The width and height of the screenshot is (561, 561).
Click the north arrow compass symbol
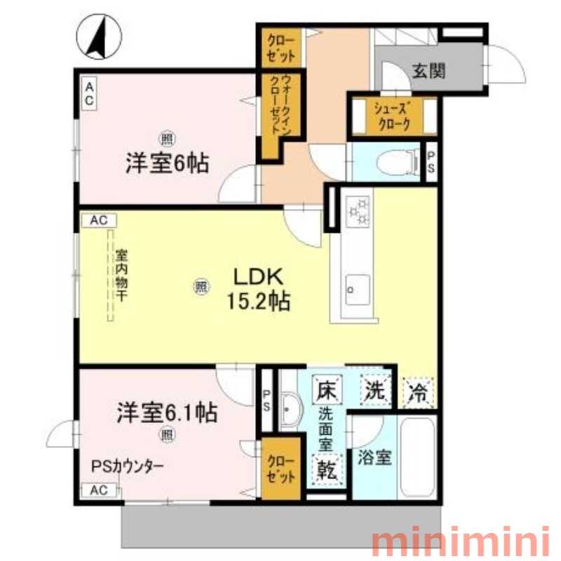[99, 36]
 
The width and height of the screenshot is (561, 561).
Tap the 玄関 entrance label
[429, 72]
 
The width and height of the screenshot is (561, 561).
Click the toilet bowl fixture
[398, 163]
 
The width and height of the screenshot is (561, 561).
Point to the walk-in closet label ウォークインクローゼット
[280, 104]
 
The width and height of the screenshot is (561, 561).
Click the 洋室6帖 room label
[167, 163]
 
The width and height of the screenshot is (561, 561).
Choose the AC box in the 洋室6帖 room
[89, 94]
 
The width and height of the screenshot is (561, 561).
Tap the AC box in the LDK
[99, 220]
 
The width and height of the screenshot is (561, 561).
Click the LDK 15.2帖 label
[258, 289]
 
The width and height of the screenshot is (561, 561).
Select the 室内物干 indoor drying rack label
[121, 275]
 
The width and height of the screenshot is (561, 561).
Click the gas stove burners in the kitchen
[358, 211]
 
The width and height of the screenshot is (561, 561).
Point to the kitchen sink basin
[358, 290]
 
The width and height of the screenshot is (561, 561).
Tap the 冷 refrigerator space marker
[418, 393]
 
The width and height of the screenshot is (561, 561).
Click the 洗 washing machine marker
[375, 390]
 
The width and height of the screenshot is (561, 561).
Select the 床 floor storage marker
[327, 389]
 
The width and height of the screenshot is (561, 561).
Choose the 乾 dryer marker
[327, 469]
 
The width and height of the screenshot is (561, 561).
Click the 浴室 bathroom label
[374, 457]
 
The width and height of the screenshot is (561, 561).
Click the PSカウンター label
[128, 466]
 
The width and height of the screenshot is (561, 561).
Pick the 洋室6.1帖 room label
[167, 412]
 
